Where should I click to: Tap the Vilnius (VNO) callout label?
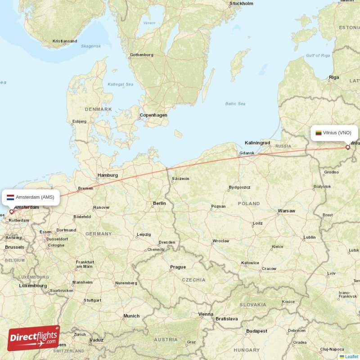point(334,133)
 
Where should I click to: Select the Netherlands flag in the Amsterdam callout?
point(10,197)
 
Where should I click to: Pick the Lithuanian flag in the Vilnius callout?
point(319,133)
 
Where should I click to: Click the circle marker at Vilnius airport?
point(347,147)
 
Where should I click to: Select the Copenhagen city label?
point(153,115)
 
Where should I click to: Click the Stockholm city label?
point(242,4)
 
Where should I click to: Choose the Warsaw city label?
point(286,211)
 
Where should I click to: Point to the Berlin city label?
point(159,203)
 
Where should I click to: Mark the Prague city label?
point(178,267)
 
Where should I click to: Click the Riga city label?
point(334,77)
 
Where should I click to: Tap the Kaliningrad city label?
point(257,143)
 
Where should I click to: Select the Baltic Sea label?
point(235,104)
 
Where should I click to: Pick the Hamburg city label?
point(108,175)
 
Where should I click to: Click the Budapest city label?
point(256,331)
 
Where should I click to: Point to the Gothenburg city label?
point(142,55)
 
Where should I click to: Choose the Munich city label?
point(131,316)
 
